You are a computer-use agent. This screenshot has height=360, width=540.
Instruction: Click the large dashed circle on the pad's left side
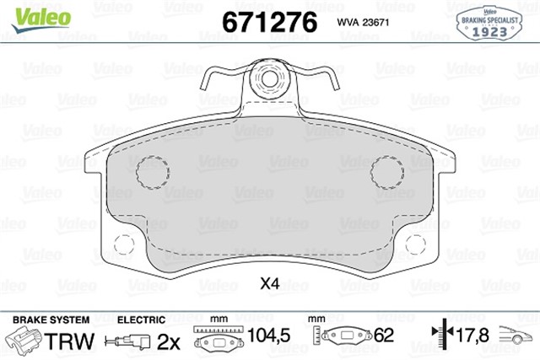(153, 172)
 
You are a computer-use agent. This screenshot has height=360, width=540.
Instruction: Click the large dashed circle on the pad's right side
(386, 172)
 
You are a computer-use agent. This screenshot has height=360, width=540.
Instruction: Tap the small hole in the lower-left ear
(123, 245)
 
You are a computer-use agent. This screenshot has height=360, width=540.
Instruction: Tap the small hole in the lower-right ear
(415, 245)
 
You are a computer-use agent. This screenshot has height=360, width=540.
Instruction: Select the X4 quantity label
(269, 284)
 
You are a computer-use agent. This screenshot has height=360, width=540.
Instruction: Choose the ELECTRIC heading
(139, 321)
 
